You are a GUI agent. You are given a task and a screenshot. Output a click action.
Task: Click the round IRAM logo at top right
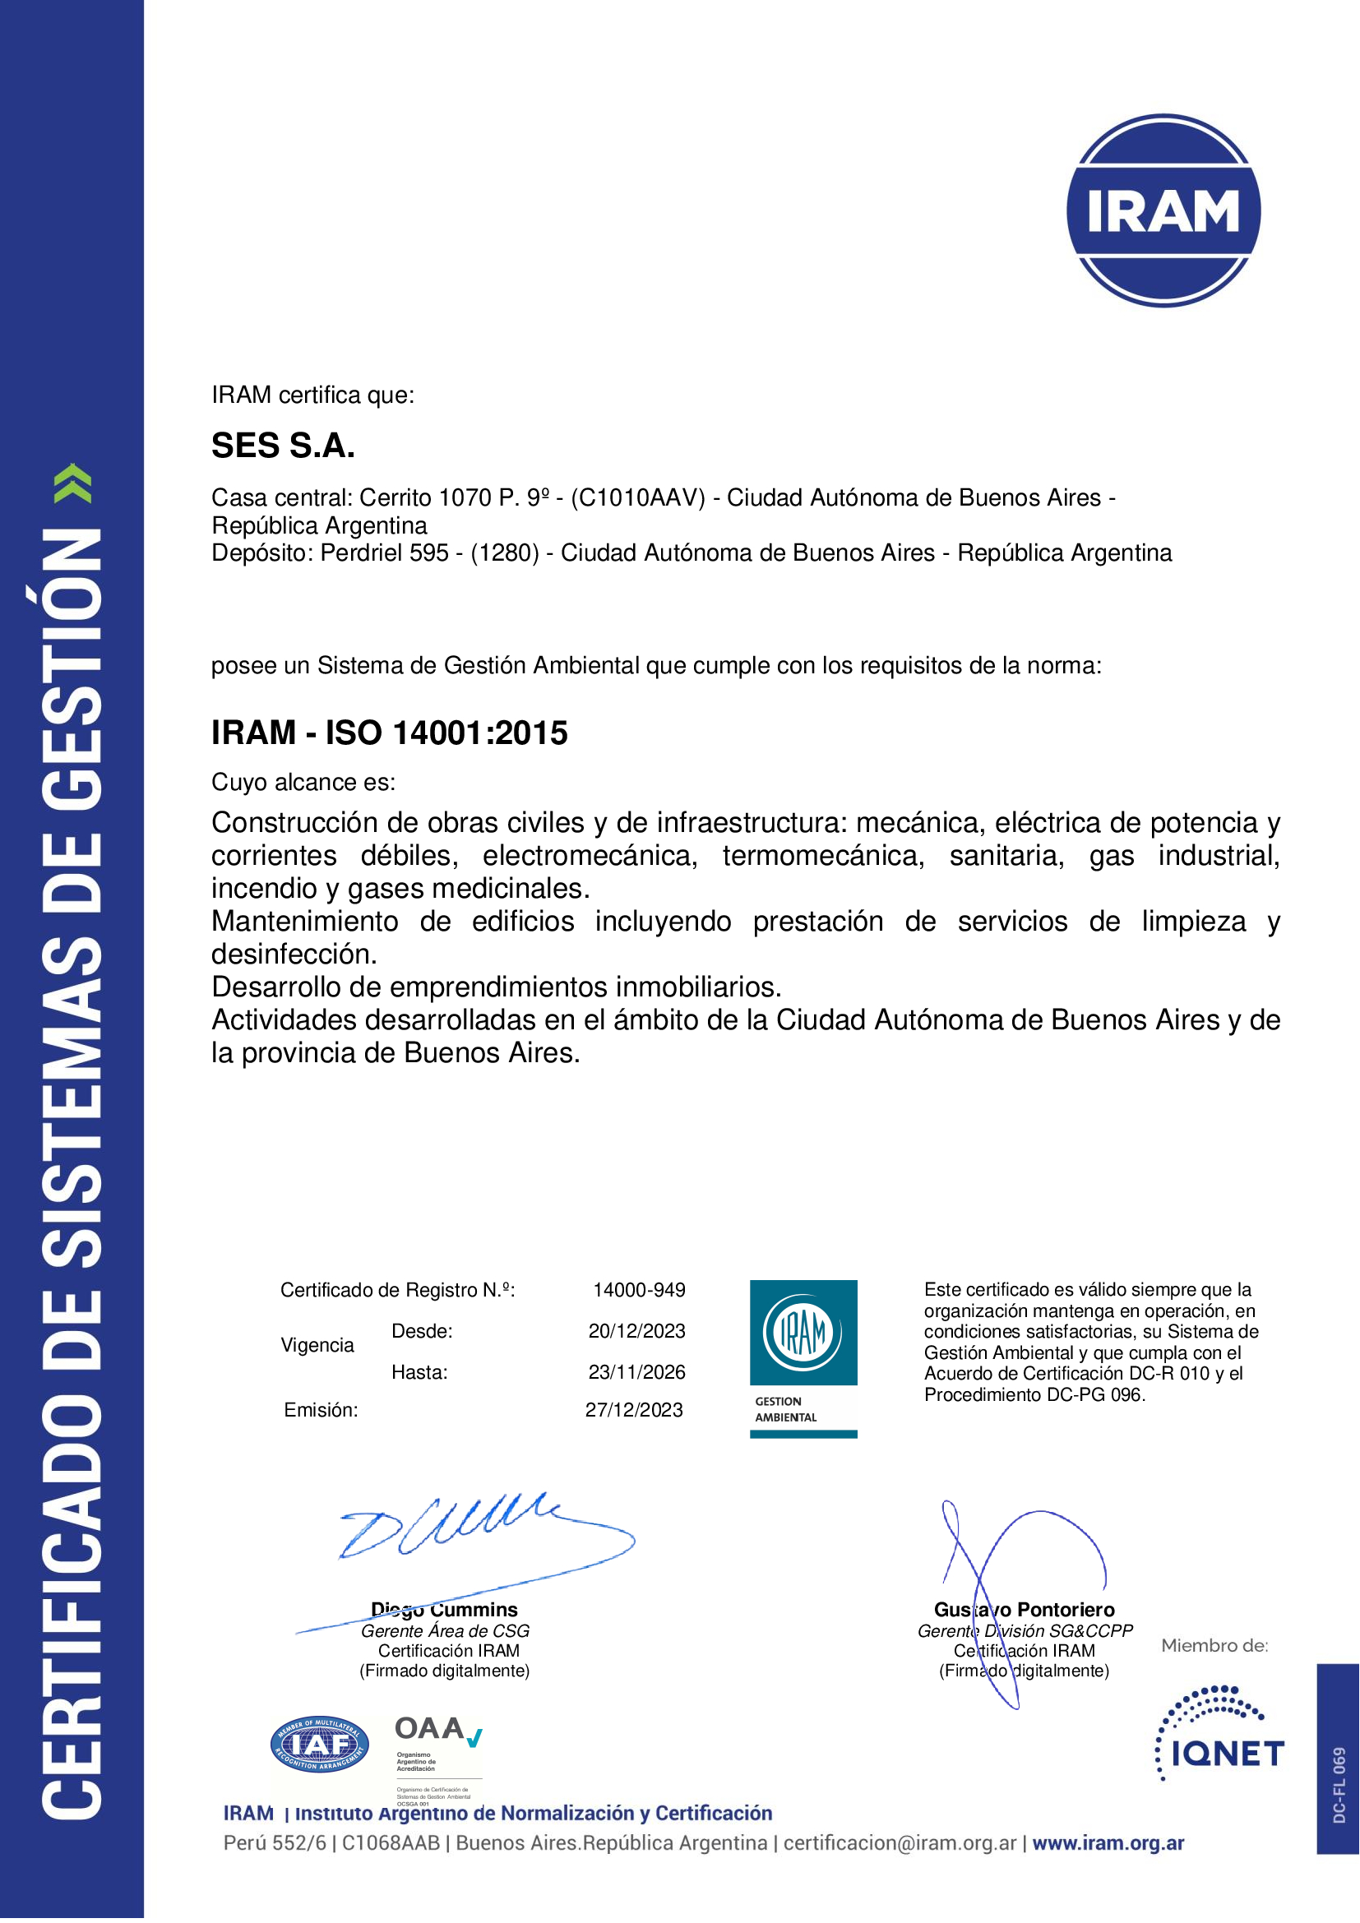click(1163, 210)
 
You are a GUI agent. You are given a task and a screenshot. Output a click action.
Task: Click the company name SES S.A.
click(283, 446)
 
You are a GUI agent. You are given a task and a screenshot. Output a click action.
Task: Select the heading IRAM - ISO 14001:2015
click(390, 733)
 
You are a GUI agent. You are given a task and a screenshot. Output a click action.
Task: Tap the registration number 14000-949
click(639, 1290)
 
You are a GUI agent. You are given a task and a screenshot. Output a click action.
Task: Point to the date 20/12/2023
click(636, 1331)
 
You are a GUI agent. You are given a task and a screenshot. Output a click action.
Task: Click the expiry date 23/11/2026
click(636, 1372)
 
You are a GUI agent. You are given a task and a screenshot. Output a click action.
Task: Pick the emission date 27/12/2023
click(634, 1410)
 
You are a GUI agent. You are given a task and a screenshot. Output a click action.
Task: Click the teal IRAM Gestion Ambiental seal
click(803, 1357)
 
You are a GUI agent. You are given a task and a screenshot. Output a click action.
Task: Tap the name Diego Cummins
click(445, 1609)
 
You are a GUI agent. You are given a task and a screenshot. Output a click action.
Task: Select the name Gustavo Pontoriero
click(1025, 1609)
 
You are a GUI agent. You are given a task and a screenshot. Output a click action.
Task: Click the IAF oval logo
click(319, 1745)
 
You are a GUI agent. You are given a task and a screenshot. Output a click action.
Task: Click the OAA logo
click(438, 1750)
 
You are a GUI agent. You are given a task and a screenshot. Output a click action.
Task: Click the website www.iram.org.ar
click(1108, 1842)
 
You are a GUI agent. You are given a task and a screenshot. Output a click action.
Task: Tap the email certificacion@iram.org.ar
click(900, 1842)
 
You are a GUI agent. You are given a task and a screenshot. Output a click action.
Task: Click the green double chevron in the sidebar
click(73, 483)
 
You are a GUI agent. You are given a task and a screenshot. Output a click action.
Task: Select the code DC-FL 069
click(1339, 1784)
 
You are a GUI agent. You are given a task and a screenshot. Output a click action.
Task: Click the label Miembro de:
click(1214, 1646)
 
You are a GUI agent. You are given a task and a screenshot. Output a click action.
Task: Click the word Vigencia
click(317, 1345)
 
